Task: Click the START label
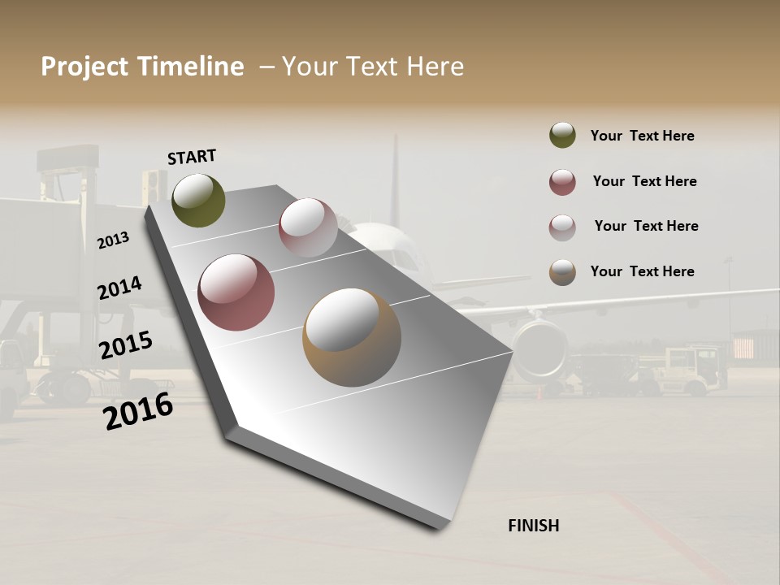click(x=192, y=157)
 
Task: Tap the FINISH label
click(x=533, y=526)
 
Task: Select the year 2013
click(x=114, y=240)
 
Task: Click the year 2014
click(x=120, y=288)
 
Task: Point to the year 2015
click(x=126, y=345)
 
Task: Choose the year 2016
click(x=138, y=411)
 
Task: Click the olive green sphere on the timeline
click(x=198, y=201)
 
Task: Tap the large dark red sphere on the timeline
click(x=236, y=292)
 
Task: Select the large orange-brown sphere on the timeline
click(x=351, y=337)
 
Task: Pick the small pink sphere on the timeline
click(x=308, y=227)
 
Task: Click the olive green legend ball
click(x=562, y=136)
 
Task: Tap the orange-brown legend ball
click(x=562, y=272)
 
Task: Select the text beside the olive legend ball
click(x=642, y=136)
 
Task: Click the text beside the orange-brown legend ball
click(x=642, y=271)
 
